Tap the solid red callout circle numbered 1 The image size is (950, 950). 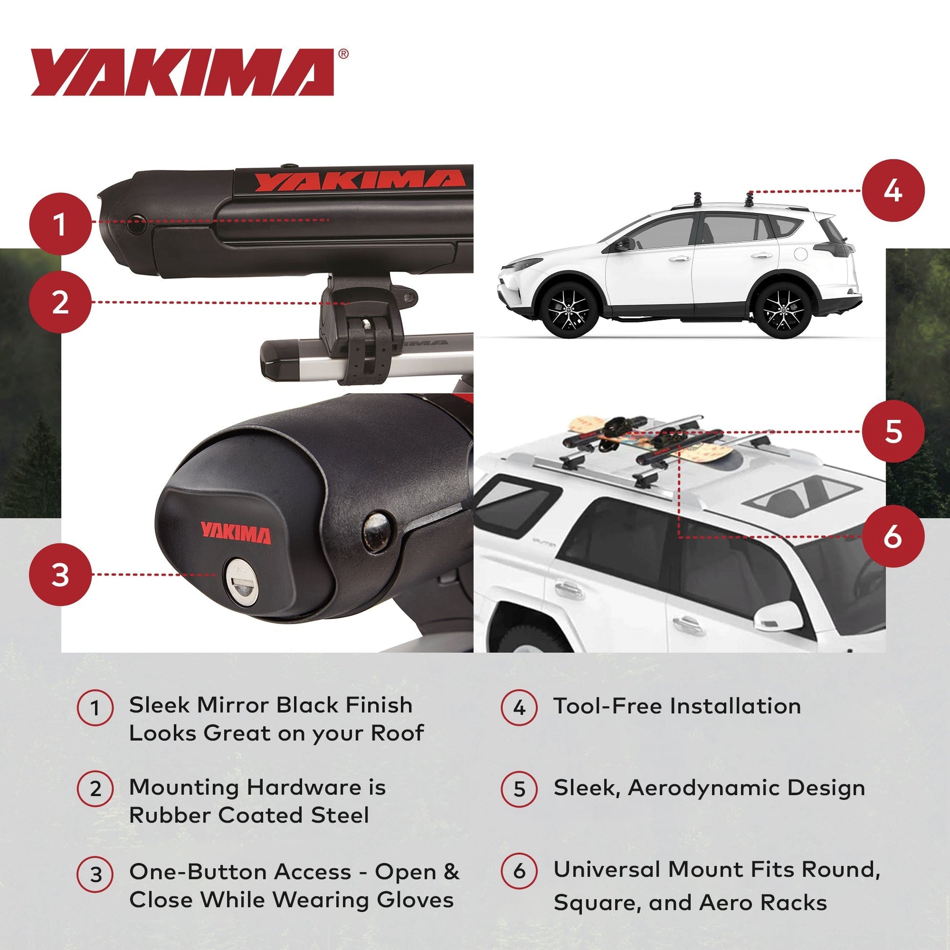point(61,224)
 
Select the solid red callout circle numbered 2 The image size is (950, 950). point(61,302)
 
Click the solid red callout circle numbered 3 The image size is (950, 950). point(61,574)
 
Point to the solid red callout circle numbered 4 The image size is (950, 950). point(893,190)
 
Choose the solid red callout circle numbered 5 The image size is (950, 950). point(893,431)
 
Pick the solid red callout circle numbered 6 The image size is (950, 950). point(893,537)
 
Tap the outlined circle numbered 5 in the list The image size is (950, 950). point(519,789)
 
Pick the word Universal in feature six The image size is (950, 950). point(607,869)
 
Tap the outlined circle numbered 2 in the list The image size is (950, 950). point(95,788)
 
